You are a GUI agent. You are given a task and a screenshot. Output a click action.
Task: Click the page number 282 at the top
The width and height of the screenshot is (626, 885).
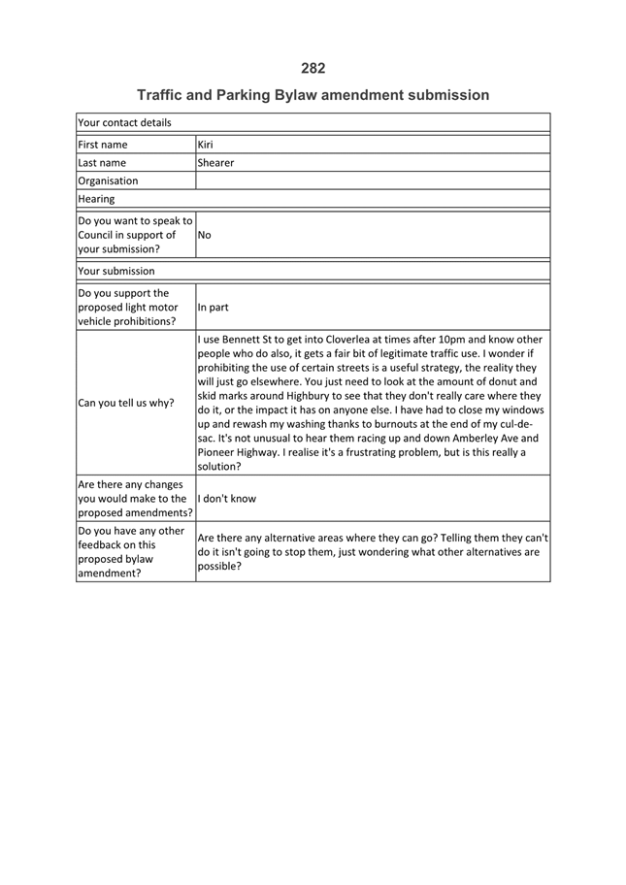[313, 68]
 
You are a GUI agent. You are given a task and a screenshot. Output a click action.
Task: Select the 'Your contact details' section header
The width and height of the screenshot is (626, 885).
[124, 123]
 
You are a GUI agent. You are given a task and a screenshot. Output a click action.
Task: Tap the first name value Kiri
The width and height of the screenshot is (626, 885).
[205, 145]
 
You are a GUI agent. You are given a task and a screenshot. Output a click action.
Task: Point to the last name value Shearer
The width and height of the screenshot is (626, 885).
[215, 163]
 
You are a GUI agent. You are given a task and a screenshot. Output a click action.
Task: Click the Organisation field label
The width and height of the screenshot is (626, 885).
[108, 180]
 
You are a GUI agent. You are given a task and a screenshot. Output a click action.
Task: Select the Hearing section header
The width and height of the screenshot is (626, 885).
[96, 199]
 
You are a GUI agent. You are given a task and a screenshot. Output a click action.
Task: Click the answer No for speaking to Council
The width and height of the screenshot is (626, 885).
[205, 235]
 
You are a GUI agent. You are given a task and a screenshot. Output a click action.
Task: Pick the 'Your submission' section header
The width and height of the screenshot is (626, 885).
[115, 271]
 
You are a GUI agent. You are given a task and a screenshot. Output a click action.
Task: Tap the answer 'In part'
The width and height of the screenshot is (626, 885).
[213, 308]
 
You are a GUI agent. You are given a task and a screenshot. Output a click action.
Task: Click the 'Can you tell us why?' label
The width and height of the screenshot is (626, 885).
[125, 403]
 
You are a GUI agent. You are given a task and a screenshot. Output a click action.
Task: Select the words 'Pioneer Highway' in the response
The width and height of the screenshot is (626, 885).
[241, 452]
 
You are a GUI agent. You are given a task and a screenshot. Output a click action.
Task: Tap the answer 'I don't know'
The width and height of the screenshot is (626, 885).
[226, 499]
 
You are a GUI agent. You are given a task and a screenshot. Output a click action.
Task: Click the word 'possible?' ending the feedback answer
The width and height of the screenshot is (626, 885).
[219, 567]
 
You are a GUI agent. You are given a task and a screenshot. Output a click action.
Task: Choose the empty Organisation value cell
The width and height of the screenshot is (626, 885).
[373, 180]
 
